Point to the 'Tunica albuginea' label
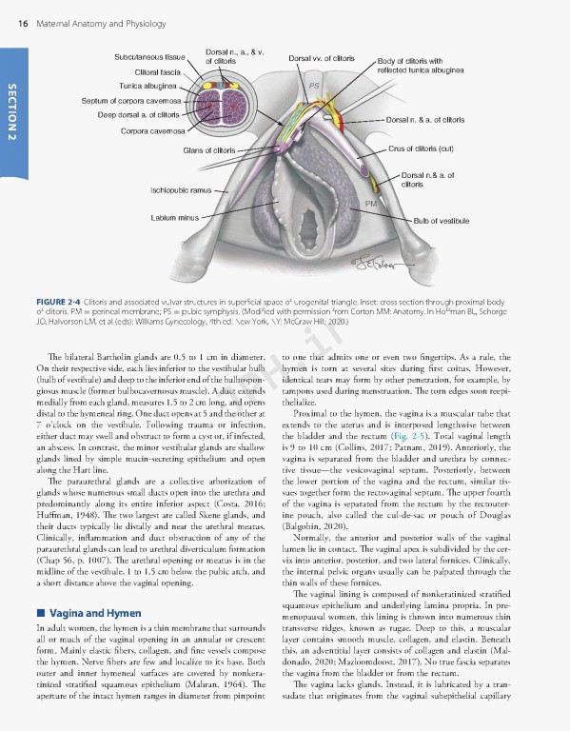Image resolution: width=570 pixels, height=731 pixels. tap(155, 86)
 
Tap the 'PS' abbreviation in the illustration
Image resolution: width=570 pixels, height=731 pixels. tap(313, 85)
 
